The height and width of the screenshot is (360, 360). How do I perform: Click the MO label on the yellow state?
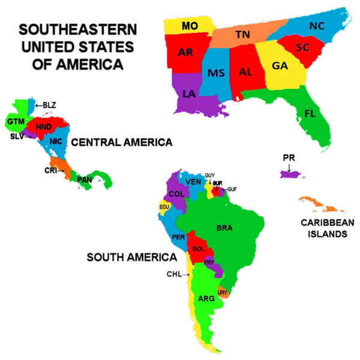pos(190,26)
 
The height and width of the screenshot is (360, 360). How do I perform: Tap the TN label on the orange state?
pos(242,35)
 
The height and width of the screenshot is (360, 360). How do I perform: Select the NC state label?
pos(316,26)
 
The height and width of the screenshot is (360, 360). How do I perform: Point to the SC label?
pos(302,47)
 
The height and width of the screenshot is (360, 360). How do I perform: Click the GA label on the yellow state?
pos(280,65)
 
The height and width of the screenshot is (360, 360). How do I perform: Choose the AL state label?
pos(245,71)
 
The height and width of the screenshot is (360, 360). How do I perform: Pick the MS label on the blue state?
pos(216,73)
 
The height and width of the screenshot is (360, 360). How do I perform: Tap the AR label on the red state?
pos(185,52)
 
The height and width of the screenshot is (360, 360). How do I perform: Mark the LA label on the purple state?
pos(189,94)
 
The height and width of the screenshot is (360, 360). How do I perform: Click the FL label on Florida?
pos(310,113)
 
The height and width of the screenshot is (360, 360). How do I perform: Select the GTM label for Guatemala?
pos(15,122)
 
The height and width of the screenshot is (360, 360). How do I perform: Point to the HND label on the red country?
pos(44,127)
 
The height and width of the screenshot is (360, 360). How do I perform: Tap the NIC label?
pos(56,141)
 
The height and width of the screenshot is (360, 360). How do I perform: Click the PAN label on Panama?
pos(85,179)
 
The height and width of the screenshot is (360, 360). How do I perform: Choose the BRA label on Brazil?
pos(224,227)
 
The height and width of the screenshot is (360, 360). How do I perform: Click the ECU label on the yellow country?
pos(164,207)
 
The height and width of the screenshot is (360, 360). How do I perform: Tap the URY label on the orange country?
pos(223,293)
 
